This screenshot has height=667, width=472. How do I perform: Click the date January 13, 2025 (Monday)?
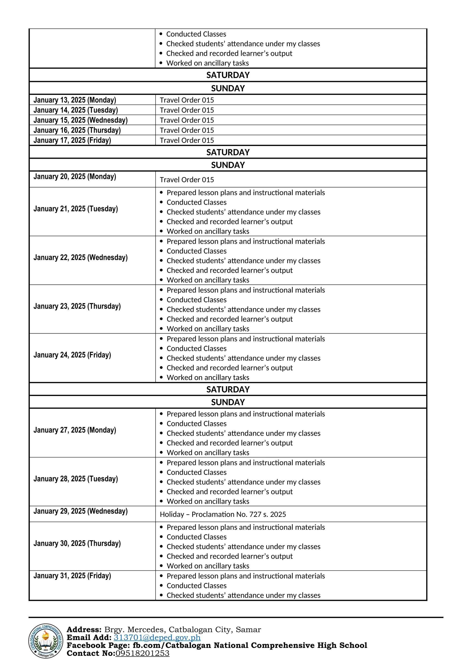[75, 100]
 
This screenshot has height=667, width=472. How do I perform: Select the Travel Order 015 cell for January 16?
[187, 130]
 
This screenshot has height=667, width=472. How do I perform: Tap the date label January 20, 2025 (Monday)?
[75, 177]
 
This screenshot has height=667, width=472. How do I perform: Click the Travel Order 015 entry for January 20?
[187, 180]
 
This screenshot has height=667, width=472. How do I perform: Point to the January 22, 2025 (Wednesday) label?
[80, 258]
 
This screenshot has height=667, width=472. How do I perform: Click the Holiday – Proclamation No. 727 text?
[223, 515]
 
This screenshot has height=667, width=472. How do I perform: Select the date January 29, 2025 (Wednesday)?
[80, 511]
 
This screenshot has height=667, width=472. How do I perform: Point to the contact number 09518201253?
[142, 653]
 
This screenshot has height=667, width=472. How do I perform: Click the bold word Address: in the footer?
[84, 629]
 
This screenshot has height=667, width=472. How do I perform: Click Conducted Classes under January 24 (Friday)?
[196, 349]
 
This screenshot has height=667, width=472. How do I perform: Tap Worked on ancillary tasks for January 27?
[208, 453]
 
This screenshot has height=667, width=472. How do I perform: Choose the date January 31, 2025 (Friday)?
[72, 576]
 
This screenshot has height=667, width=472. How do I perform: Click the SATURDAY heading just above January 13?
[228, 75]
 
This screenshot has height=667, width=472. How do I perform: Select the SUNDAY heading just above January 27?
[228, 402]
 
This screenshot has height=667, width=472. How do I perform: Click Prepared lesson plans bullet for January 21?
[246, 193]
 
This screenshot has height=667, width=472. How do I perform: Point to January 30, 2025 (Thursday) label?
[77, 544]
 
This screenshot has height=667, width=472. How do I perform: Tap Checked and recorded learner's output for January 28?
[230, 492]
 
